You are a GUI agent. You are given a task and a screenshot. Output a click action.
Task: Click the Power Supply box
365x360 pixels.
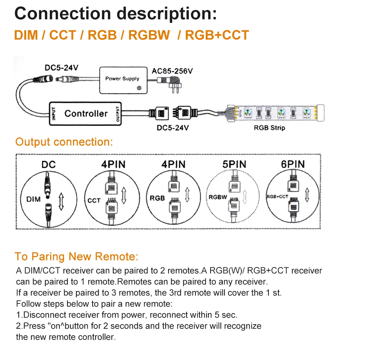122,79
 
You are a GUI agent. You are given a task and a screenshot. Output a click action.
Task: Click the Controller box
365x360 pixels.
86,114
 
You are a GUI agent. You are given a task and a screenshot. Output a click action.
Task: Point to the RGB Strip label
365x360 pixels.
270,128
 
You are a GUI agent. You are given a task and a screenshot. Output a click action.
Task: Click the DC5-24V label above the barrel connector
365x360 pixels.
61,68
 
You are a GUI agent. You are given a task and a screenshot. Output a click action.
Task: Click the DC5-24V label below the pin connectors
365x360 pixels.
173,128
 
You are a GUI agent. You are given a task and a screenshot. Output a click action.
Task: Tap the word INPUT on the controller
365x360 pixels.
54,114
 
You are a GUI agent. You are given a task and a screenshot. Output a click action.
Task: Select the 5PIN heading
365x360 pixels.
234,164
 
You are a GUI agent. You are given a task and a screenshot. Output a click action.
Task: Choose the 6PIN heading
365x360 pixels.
293,164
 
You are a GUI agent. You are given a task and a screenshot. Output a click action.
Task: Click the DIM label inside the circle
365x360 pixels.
34,200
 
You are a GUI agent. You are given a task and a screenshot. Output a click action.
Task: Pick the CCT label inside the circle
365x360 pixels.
94,200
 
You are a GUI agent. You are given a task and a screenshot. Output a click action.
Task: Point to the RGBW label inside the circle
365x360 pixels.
218,197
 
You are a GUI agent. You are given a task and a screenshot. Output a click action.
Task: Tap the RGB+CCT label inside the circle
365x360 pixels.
277,197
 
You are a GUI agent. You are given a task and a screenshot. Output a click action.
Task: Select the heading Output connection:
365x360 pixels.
64,142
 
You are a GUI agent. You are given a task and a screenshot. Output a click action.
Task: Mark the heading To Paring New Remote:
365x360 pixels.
76,256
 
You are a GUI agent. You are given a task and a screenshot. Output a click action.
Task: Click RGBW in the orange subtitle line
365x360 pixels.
149,35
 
